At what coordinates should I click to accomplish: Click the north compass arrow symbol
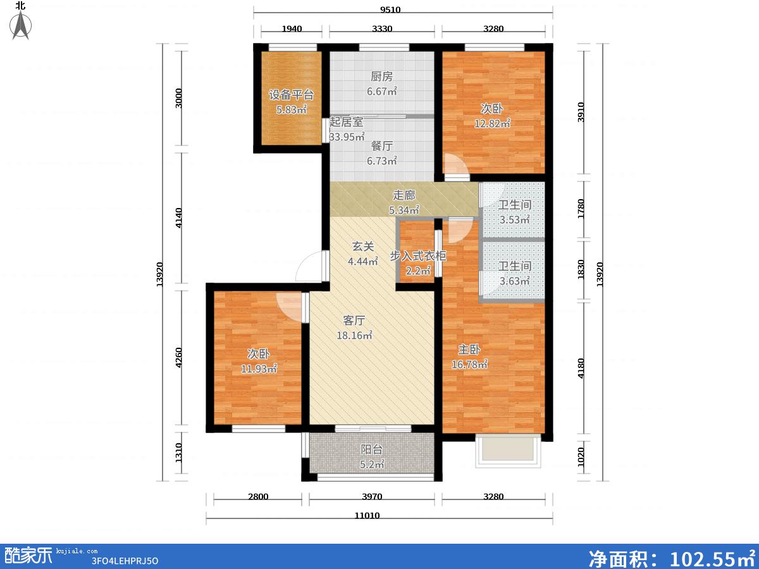tap(21, 25)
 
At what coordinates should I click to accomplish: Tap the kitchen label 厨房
tap(382, 76)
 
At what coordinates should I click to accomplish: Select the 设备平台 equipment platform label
tap(291, 95)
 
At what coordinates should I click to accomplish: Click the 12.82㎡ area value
tap(492, 123)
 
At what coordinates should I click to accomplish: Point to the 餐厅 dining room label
tap(382, 146)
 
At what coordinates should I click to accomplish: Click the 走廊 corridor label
tap(404, 195)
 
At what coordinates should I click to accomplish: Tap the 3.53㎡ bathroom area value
tap(514, 219)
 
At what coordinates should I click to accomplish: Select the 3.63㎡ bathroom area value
tap(514, 281)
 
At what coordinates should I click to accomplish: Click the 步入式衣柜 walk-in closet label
tap(417, 255)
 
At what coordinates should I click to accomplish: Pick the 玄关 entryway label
tap(363, 247)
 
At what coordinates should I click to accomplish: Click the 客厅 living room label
tap(354, 321)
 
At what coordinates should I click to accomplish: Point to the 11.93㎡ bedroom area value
tap(259, 369)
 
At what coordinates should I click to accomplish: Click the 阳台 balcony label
tap(372, 449)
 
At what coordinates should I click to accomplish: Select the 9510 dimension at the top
tap(390, 9)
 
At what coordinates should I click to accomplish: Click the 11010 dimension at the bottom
tap(367, 515)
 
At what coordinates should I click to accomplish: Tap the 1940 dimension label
tap(292, 28)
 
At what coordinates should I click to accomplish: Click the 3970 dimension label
tap(372, 496)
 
